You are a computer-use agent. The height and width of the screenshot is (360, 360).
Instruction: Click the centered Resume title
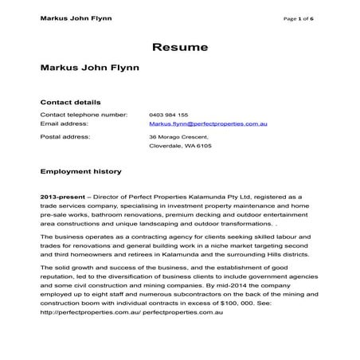[180, 47]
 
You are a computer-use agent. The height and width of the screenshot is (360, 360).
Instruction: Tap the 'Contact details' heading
[70, 102]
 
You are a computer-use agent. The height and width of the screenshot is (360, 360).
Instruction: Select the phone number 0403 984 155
[169, 115]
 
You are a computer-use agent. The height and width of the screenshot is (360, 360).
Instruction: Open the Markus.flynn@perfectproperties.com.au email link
[208, 124]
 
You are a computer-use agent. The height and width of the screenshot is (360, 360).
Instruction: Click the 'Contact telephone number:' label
[84, 115]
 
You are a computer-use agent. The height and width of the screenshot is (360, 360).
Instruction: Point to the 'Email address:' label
[64, 124]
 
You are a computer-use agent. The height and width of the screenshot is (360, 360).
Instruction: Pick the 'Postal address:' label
[65, 136]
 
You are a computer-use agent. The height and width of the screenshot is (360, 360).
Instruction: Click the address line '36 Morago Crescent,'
[180, 137]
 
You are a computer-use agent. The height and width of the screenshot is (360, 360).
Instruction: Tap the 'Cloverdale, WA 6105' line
[180, 146]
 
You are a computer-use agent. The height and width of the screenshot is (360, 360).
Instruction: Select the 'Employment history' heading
[80, 171]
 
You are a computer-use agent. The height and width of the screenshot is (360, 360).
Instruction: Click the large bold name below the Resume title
[89, 68]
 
